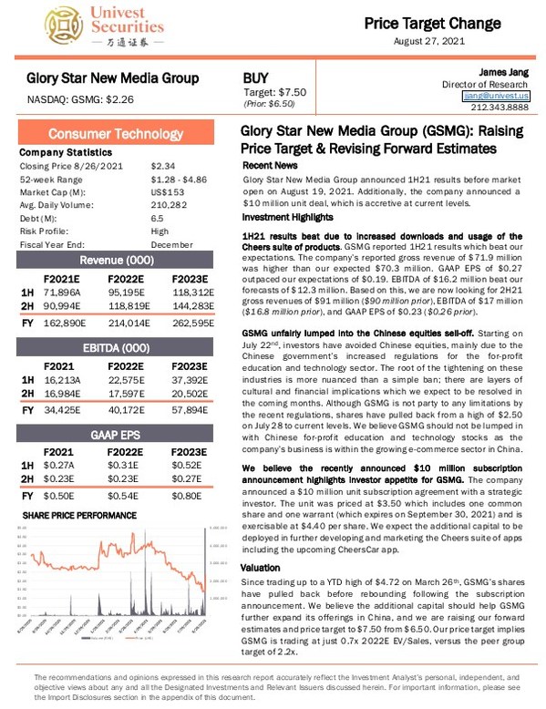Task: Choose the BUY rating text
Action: pyautogui.click(x=257, y=78)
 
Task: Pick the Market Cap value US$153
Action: pyautogui.click(x=169, y=193)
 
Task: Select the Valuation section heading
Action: pyautogui.click(x=260, y=567)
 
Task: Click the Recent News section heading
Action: pyautogui.click(x=270, y=167)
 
